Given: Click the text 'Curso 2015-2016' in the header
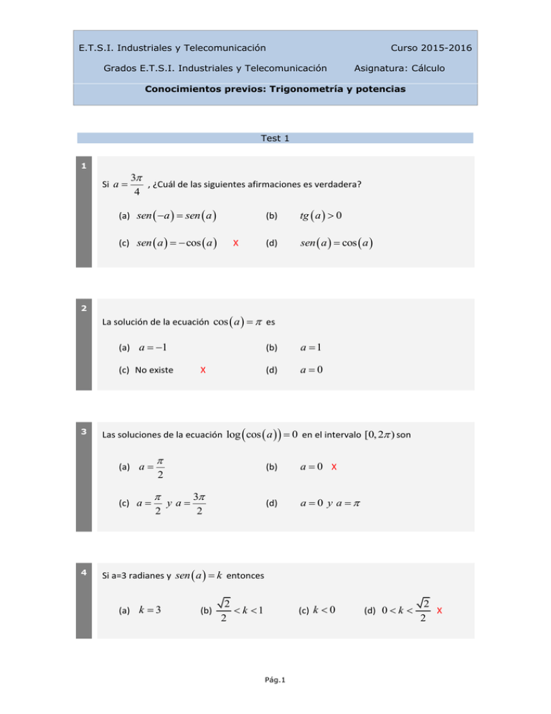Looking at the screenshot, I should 430,48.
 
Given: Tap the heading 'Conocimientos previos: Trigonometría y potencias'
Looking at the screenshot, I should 275,90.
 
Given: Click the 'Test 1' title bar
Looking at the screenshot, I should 275,138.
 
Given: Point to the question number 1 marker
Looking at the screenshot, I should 84,167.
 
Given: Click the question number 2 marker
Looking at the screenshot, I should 84,309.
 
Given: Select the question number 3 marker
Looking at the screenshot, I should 84,432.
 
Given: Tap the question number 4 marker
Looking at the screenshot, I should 84,573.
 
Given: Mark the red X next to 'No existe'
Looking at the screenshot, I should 203,370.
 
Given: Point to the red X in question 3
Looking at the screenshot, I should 334,468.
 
